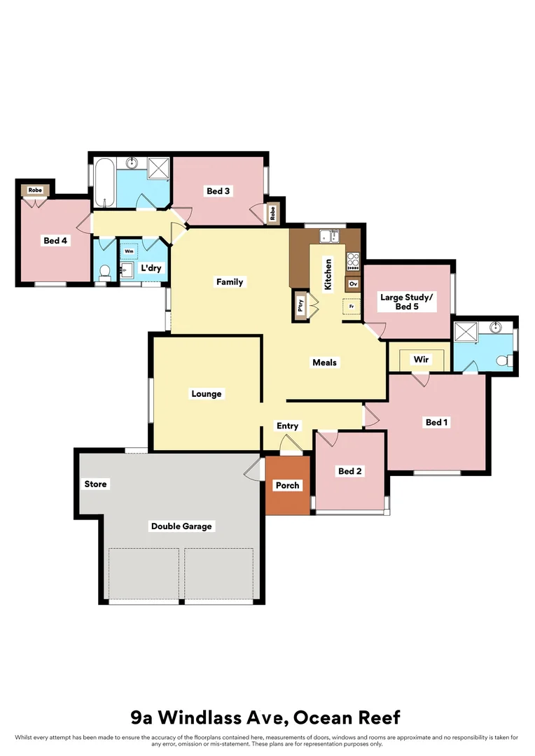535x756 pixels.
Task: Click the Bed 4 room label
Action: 55,241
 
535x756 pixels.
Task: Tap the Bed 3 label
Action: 218,191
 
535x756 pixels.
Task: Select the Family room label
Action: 230,282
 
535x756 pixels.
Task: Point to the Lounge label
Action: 207,394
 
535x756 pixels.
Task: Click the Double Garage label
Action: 181,526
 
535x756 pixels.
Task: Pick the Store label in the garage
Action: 96,484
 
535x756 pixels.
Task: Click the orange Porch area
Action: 287,486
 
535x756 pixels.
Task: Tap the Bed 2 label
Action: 349,472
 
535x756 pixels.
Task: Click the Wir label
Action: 421,360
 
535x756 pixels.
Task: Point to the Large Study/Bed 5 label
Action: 407,302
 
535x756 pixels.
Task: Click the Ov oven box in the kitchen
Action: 353,284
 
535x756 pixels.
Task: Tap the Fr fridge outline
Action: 350,307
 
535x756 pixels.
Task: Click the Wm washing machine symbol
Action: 130,251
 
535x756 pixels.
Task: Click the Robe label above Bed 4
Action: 35,190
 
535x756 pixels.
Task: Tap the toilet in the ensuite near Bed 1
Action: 501,361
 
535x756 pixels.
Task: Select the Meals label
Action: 325,363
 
